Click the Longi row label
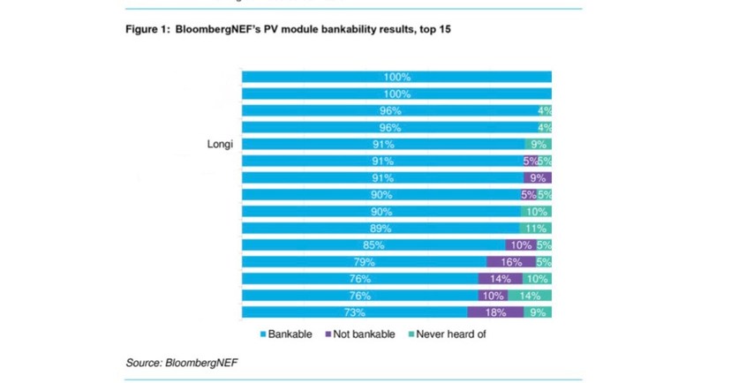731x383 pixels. [x=219, y=145]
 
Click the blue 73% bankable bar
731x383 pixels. [x=354, y=312]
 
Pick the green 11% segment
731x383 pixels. [x=537, y=229]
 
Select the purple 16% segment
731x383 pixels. [x=511, y=262]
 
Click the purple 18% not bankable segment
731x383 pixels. [x=495, y=312]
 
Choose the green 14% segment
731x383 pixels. [x=531, y=296]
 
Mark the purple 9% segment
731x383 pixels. [x=537, y=177]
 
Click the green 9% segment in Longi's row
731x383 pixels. [x=538, y=145]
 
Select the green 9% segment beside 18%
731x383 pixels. [x=538, y=312]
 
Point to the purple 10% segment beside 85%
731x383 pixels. [x=520, y=245]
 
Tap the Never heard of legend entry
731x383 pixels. [x=448, y=334]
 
